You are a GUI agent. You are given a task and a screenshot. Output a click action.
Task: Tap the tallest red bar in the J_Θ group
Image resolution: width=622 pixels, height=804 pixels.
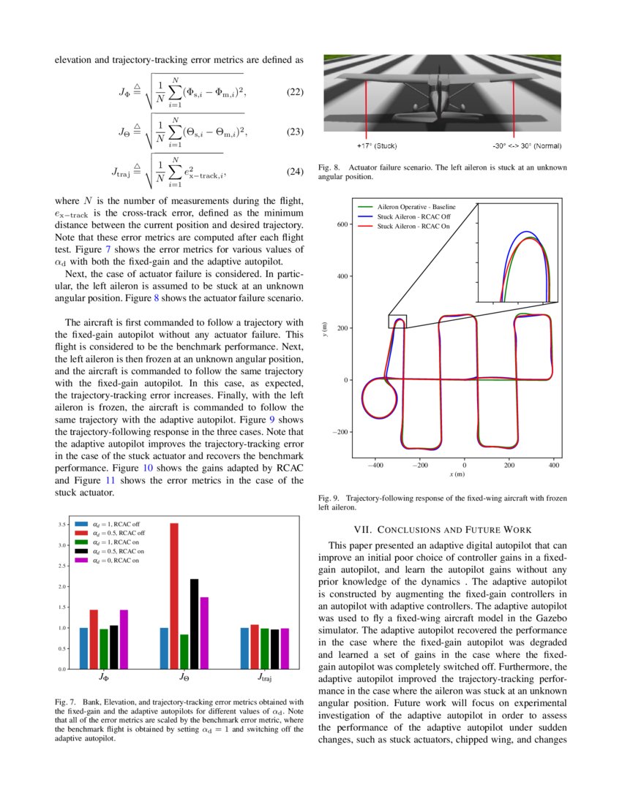(x=174, y=596)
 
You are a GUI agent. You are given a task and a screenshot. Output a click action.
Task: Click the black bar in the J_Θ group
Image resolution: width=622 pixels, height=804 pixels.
(x=195, y=623)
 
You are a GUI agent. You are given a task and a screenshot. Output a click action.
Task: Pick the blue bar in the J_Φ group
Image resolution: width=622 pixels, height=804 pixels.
(x=84, y=648)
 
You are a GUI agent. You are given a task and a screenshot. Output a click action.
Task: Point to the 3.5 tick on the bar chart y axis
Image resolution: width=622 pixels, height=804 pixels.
(x=63, y=524)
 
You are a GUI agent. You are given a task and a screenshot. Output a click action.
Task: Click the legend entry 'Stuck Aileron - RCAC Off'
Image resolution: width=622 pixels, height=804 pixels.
(x=413, y=217)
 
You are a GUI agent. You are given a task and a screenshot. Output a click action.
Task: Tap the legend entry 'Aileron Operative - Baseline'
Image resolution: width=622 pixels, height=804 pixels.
(x=416, y=208)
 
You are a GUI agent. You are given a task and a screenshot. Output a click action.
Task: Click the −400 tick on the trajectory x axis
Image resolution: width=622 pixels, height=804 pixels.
(x=375, y=464)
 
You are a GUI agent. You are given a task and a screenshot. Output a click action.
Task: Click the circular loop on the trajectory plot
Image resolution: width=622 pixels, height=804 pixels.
(x=379, y=398)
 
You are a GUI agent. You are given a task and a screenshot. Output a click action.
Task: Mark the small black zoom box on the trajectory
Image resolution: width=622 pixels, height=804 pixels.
(x=397, y=322)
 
